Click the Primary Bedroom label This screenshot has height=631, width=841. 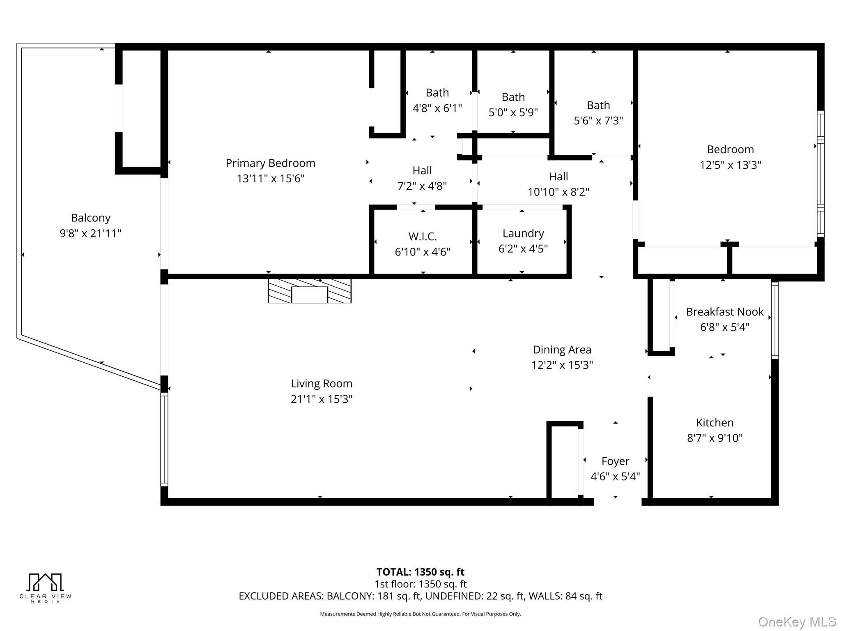271,163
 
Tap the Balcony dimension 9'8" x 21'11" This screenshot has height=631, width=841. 91,233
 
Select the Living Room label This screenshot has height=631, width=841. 322,384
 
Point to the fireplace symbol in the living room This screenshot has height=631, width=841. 310,291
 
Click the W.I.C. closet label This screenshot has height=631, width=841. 423,236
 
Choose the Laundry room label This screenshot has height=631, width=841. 523,233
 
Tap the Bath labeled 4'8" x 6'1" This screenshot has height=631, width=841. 437,92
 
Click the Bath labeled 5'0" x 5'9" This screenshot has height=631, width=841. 513,97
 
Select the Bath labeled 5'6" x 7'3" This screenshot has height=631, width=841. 598,105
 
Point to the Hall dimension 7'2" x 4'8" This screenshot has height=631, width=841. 422,186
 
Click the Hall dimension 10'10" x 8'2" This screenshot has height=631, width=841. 558,192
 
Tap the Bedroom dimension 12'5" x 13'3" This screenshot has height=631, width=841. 731,165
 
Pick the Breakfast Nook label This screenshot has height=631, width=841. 725,312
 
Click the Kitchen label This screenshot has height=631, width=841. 715,422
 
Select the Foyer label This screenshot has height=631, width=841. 615,461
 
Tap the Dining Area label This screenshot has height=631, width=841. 562,350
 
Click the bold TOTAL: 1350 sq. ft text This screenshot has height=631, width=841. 420,572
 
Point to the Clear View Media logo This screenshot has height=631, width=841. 45,588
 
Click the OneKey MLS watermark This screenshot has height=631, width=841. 797,622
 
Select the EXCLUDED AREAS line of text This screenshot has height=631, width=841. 420,596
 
